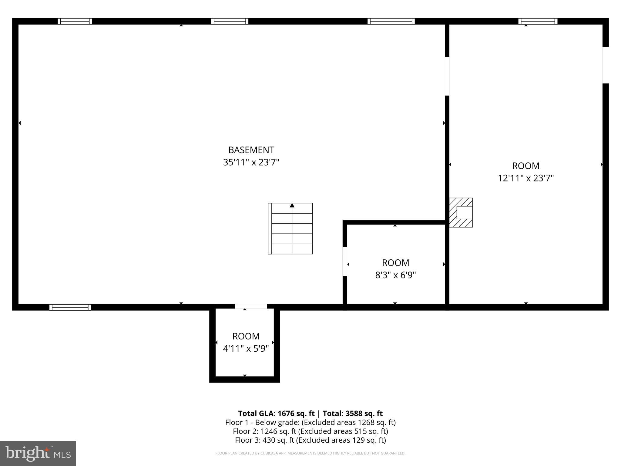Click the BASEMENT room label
(251, 150)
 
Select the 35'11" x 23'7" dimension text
(251, 163)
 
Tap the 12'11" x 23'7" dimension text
(526, 178)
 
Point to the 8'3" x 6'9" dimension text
(395, 275)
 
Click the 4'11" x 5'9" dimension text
(246, 349)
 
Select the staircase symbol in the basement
(290, 228)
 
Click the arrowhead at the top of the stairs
(292, 206)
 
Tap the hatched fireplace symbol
(461, 212)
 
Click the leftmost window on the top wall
(75, 21)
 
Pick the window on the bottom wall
(70, 307)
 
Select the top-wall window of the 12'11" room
(538, 21)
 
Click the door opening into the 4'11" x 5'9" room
(251, 307)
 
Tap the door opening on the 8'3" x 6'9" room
(345, 261)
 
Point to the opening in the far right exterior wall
(605, 65)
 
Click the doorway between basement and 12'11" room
(447, 76)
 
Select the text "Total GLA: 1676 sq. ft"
(276, 414)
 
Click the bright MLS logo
(38, 453)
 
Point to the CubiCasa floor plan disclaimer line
(310, 453)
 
